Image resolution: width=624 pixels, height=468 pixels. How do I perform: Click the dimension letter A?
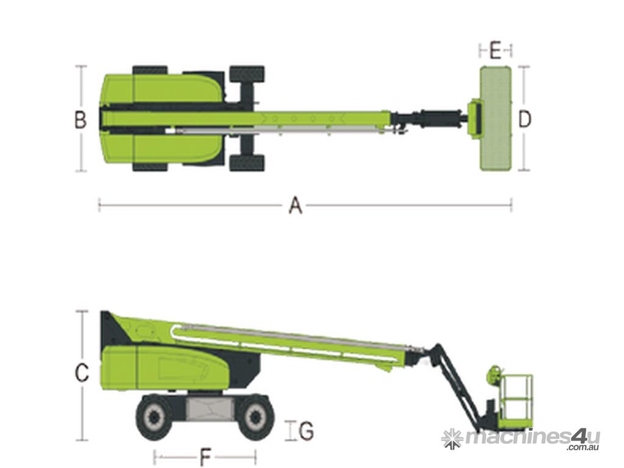click(295, 206)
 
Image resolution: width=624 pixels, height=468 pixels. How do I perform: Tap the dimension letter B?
click(81, 119)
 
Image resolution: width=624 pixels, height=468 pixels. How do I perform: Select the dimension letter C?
click(82, 373)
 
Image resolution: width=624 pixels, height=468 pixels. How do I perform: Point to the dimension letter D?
click(525, 119)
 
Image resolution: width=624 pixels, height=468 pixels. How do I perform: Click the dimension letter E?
click(495, 51)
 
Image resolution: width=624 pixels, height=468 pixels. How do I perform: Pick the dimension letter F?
click(205, 456)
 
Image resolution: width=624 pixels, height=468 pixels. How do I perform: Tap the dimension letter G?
click(306, 431)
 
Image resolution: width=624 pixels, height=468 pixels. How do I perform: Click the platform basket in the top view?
click(495, 119)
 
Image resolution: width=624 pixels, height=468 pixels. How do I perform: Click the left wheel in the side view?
click(154, 417)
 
